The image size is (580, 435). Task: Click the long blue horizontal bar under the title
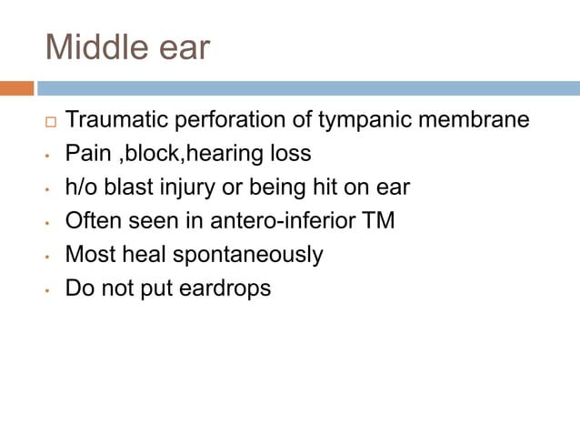pos(308,88)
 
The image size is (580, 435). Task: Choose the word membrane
pos(478,120)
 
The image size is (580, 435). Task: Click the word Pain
pos(86,154)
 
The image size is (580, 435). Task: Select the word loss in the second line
pos(291,154)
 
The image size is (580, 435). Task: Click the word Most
pos(88,255)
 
